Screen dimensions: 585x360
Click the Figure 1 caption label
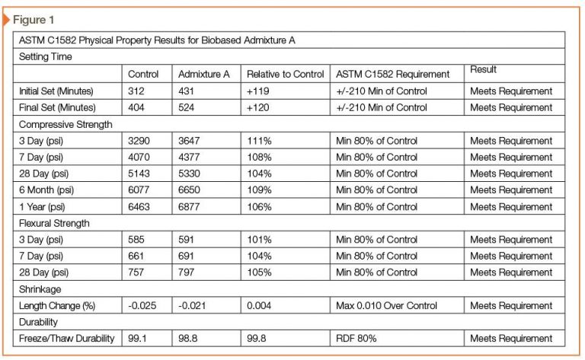34,20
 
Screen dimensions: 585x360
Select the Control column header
143,74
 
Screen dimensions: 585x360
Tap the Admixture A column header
203,74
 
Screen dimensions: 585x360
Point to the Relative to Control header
286,74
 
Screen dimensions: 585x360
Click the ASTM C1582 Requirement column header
392,74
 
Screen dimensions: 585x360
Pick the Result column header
483,69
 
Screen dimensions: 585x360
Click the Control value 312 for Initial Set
136,91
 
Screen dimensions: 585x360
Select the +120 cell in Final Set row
257,108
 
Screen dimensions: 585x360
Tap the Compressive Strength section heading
66,125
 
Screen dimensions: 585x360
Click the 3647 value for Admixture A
189,141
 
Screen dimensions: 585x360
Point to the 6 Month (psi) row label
46,190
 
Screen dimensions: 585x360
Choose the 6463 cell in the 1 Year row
139,206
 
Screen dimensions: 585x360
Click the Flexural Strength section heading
54,223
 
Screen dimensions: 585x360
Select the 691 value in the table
186,256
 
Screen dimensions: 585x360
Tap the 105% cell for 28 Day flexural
259,272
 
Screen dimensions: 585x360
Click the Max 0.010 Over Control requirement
386,306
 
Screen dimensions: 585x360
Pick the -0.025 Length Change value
142,306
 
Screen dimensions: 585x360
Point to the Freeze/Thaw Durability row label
67,339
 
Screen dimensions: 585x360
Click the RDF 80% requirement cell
356,339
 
